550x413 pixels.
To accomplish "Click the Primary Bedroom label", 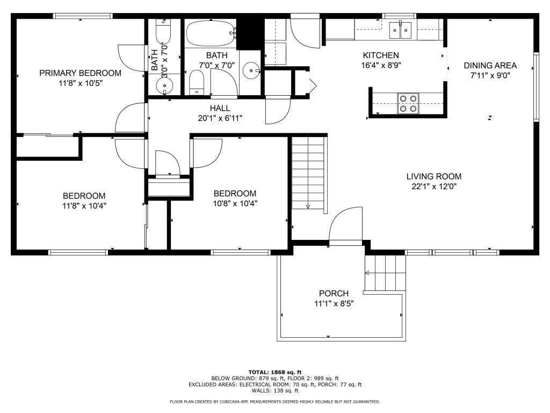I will click(x=80, y=73).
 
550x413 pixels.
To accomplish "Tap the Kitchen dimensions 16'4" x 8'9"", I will click(x=381, y=66).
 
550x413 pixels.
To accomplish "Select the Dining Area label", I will click(x=490, y=66).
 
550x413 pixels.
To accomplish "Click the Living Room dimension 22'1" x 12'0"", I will click(x=433, y=187).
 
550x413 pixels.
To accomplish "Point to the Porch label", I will click(x=334, y=294).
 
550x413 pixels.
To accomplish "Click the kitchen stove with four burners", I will click(x=408, y=103).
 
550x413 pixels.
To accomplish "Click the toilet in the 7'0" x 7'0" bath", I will click(x=197, y=83).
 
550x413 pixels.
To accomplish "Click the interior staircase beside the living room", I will click(x=309, y=173).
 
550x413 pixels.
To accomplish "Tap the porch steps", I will click(x=385, y=272).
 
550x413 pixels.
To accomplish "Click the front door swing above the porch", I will click(x=344, y=226).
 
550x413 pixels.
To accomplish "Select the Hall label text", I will click(x=220, y=108).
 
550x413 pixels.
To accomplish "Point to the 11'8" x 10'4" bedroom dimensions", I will click(x=84, y=206).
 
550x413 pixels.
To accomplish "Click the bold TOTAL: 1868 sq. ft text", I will click(x=275, y=372).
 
